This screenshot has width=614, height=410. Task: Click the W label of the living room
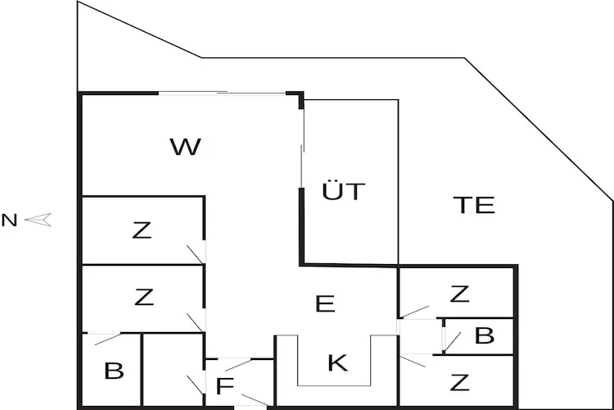point(185,148)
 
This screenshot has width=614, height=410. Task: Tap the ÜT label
point(343,193)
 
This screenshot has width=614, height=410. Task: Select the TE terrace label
point(474,205)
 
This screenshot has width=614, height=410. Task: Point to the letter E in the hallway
point(325,304)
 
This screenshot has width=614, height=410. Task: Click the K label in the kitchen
point(337,362)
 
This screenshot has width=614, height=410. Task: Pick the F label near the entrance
point(225,385)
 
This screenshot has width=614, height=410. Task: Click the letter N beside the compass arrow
point(9,220)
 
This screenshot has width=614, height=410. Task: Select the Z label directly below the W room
point(142,231)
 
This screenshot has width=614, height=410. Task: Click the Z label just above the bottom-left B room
point(143,297)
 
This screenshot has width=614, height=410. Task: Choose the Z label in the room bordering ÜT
point(459,294)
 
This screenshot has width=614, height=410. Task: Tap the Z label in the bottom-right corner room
point(459,382)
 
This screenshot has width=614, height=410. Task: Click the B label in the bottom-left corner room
point(114,371)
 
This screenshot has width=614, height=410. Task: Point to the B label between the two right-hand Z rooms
point(485,336)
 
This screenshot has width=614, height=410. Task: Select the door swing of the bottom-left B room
point(104,337)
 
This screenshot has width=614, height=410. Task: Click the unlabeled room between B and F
point(172,369)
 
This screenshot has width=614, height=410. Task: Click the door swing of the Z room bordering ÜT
point(414,311)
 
